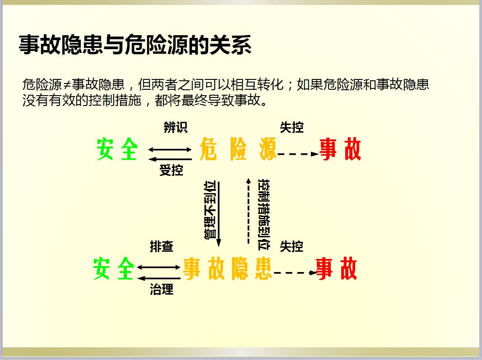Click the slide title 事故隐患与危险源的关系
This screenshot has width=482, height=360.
pos(135,46)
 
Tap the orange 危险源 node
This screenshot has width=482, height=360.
pos(237,150)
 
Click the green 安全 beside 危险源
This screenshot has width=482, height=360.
pos(117,149)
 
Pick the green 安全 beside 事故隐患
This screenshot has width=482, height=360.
pos(114,269)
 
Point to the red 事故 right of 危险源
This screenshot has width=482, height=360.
pos(340,149)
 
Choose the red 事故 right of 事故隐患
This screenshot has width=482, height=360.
pos(337,269)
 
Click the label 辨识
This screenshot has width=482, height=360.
pos(175,128)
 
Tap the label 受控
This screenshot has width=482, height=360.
pos(171,170)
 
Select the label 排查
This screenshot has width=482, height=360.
pos(162,246)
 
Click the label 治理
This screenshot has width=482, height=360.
pos(162,289)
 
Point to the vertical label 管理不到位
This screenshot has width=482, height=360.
pos(211,210)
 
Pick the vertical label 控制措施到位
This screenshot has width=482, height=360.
pos(264,214)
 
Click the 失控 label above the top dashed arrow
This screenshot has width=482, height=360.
pos(292,128)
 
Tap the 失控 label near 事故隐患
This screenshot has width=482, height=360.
pos(292,246)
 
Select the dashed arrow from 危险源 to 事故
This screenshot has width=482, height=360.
pos(298,154)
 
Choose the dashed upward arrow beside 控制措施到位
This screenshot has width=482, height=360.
pos(248,210)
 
